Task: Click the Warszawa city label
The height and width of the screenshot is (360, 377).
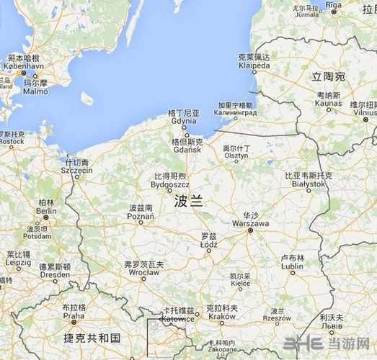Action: pyautogui.click(x=249, y=223)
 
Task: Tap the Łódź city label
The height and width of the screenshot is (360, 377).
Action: pyautogui.click(x=208, y=244)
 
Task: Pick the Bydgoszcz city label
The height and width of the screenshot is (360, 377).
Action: pyautogui.click(x=170, y=184)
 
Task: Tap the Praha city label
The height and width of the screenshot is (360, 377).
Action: pyautogui.click(x=74, y=315)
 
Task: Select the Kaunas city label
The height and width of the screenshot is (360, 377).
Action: pyautogui.click(x=328, y=103)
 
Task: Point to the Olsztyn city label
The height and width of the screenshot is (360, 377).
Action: pyautogui.click(x=236, y=155)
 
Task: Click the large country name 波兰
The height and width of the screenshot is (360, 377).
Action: pyautogui.click(x=189, y=203)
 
